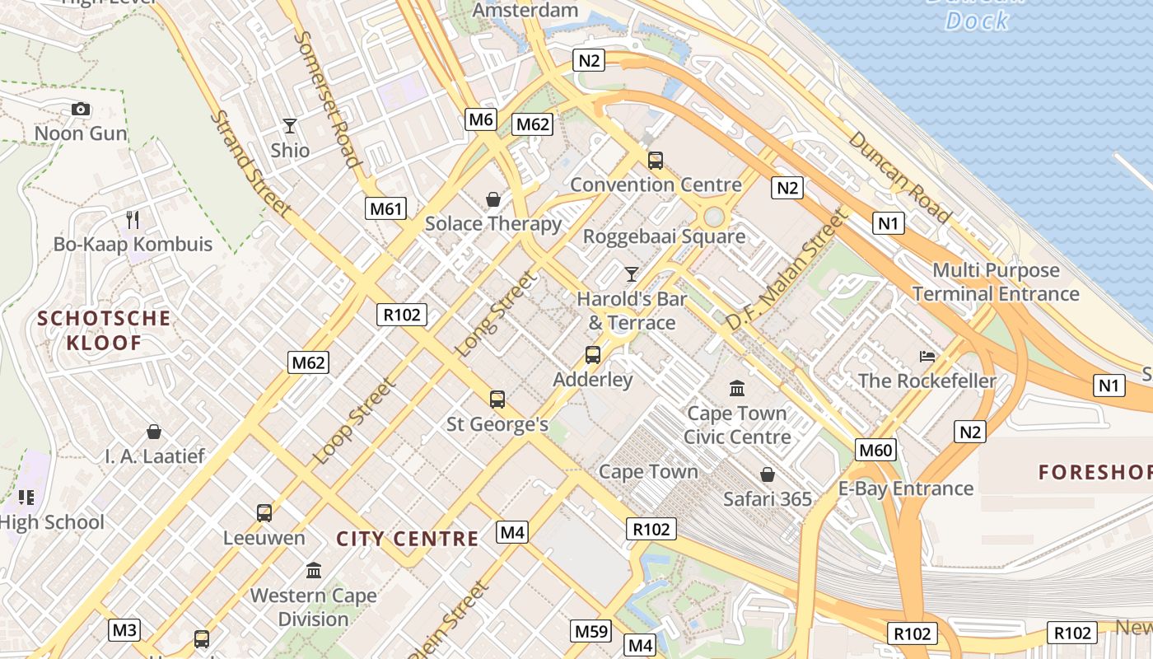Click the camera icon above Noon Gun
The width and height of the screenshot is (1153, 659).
tap(81, 109)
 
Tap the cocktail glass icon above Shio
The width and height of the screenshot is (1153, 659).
tap(290, 126)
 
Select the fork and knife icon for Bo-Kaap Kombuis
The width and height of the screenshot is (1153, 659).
tap(133, 219)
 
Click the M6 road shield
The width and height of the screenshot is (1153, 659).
tap(481, 119)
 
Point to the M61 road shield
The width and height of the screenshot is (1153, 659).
tap(386, 208)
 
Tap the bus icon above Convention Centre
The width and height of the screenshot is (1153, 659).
tap(656, 161)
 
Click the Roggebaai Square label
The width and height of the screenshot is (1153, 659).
tap(664, 236)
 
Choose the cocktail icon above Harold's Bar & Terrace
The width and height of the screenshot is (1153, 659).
tap(632, 273)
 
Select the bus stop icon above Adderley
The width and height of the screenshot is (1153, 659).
tap(593, 355)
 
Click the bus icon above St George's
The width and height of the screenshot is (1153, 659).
tap(497, 400)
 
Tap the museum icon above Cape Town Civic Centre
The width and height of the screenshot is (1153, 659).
tap(737, 388)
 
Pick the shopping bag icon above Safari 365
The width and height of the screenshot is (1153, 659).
tap(768, 474)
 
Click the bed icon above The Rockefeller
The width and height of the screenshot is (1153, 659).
tap(927, 356)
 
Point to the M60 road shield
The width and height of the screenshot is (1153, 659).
tap(875, 450)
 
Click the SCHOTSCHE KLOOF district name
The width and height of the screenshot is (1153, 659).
tap(104, 330)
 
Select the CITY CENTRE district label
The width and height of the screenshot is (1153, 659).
tap(408, 539)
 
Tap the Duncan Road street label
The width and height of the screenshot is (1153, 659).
tap(899, 176)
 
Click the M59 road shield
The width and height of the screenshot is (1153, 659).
tap(591, 632)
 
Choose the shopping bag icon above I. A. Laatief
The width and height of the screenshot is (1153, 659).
tap(154, 432)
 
